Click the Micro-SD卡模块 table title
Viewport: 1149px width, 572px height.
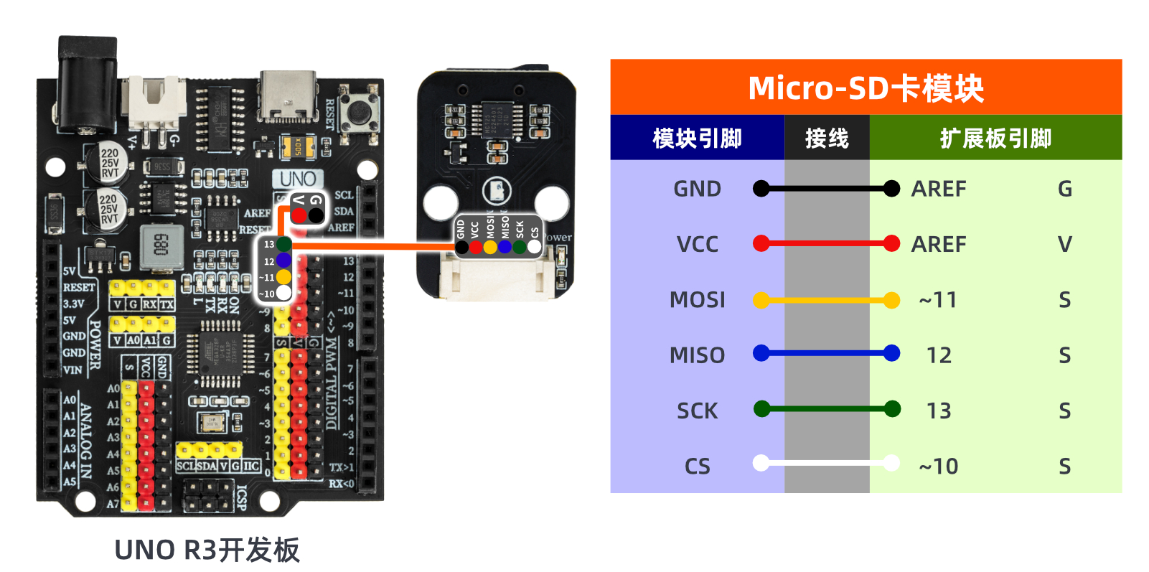(866, 88)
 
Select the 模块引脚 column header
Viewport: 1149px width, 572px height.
(697, 138)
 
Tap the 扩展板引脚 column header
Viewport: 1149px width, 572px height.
(995, 138)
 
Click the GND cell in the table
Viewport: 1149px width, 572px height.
(697, 189)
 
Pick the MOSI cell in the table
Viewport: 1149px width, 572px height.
(697, 299)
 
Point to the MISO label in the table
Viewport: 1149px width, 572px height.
(697, 355)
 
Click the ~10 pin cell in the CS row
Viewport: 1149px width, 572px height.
(939, 466)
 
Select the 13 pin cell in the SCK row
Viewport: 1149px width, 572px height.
(939, 411)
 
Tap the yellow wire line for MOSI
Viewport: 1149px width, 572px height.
(826, 300)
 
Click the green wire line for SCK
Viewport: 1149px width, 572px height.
(826, 410)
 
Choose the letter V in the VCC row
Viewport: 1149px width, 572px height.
(1064, 244)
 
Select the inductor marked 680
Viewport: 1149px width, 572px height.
(160, 245)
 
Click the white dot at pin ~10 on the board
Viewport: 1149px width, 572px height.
(284, 293)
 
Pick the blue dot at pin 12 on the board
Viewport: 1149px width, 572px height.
(283, 260)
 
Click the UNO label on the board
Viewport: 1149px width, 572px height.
(298, 179)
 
